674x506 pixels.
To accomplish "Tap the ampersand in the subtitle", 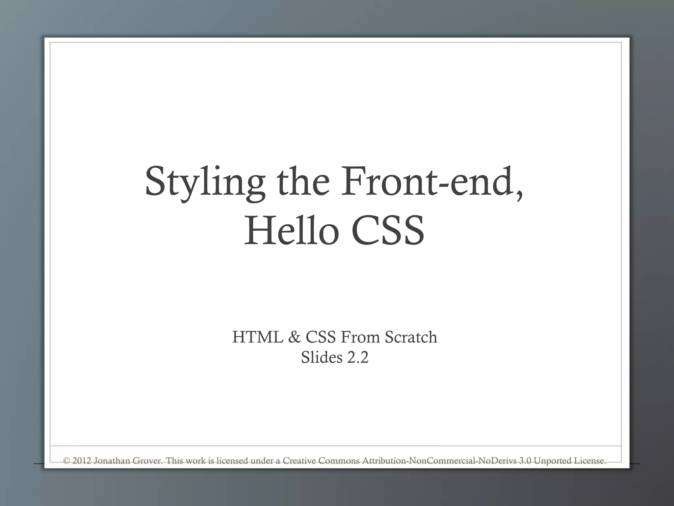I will click(x=294, y=337).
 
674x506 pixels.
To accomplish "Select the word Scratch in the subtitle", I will click(x=411, y=337).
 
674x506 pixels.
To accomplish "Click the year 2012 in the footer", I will click(x=82, y=461).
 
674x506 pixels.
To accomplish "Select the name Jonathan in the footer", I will click(x=112, y=461).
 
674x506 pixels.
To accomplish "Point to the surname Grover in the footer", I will click(x=148, y=461).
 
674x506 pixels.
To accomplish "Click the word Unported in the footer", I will click(x=553, y=461).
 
